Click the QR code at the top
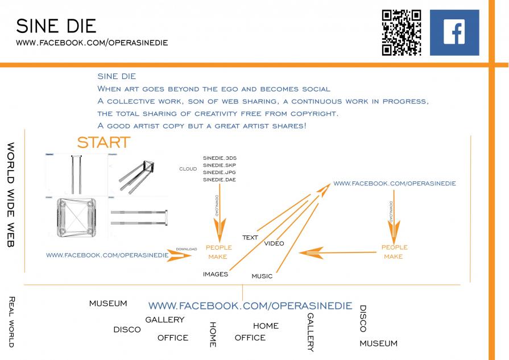pos(401,32)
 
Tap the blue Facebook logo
pos(454,32)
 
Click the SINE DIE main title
pos(56,26)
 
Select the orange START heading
pos(104,142)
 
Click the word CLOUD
pos(188,169)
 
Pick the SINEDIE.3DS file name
pos(219,158)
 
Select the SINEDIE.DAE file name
pos(219,180)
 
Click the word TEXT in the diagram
pos(250,238)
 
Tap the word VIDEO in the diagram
pos(274,243)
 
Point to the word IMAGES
pos(216,274)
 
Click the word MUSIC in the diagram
pos(262,276)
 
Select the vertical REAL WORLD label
pos(10,321)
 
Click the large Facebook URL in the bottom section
pos(250,306)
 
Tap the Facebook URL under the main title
pos(92,43)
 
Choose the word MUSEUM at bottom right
pos(378,344)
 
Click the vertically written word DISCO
pos(362,318)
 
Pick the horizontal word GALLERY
pos(165,320)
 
